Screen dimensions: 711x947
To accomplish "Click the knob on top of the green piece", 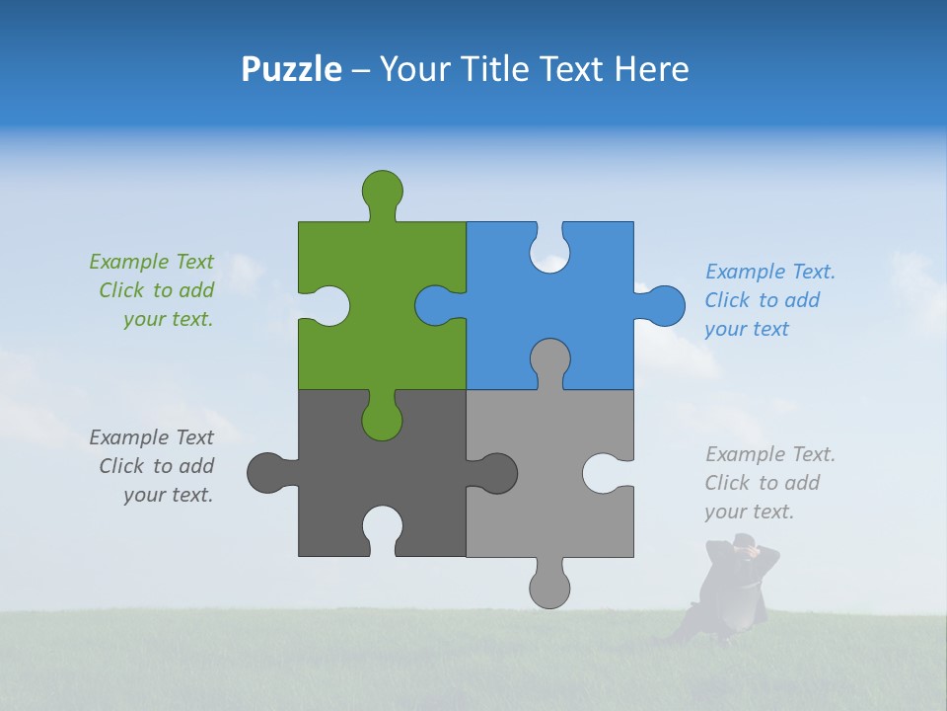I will [x=382, y=190].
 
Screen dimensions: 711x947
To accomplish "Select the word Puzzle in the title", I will [x=292, y=69].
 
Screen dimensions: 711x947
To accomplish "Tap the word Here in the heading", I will [x=651, y=69].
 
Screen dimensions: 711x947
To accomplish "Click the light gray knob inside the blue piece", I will [x=549, y=360].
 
